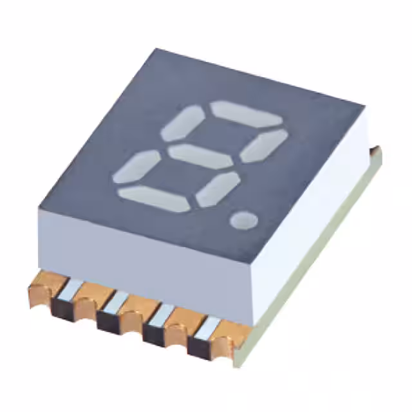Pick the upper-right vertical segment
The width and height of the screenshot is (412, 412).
264,145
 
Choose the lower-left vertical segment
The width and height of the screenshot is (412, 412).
136,167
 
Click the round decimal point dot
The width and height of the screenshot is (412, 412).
244,220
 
